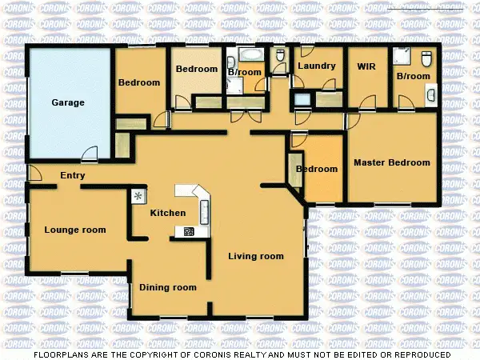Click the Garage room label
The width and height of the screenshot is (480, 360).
68,102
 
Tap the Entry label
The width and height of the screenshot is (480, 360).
72,176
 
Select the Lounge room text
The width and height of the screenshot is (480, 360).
75,230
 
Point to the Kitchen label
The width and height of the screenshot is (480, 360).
168,213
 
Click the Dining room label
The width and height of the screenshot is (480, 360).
168,287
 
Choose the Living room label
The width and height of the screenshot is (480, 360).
256,256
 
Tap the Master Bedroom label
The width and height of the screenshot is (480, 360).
392,162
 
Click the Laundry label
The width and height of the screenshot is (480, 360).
316,66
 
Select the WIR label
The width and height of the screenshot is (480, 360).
366,66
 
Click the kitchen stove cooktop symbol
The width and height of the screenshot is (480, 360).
189,232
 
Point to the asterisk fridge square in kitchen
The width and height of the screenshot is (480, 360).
138,195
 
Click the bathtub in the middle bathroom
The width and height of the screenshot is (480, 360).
250,56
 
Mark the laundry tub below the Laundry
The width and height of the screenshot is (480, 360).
302,99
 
